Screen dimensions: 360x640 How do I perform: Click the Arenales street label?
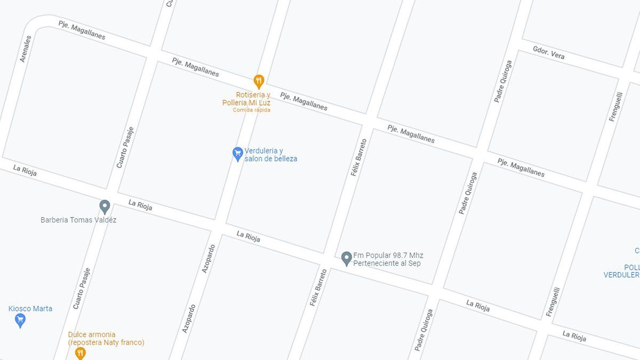click(x=25, y=49)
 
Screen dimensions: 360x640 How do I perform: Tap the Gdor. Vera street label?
click(x=548, y=53)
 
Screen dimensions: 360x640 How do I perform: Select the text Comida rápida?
click(x=251, y=110)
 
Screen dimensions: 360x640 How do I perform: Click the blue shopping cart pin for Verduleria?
click(x=238, y=154)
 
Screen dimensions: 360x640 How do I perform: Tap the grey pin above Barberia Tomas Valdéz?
click(x=105, y=206)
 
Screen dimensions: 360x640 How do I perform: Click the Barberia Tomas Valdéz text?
click(x=78, y=220)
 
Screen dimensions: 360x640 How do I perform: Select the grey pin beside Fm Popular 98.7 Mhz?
click(x=346, y=259)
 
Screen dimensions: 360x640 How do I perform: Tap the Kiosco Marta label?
click(x=30, y=308)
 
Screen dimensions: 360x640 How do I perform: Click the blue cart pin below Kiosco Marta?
click(x=20, y=320)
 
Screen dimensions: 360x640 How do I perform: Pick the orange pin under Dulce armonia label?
click(x=80, y=353)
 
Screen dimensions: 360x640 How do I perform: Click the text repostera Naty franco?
click(x=106, y=342)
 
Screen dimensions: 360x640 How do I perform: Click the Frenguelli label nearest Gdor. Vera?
click(x=616, y=107)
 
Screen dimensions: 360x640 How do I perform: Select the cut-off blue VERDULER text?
click(x=621, y=275)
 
